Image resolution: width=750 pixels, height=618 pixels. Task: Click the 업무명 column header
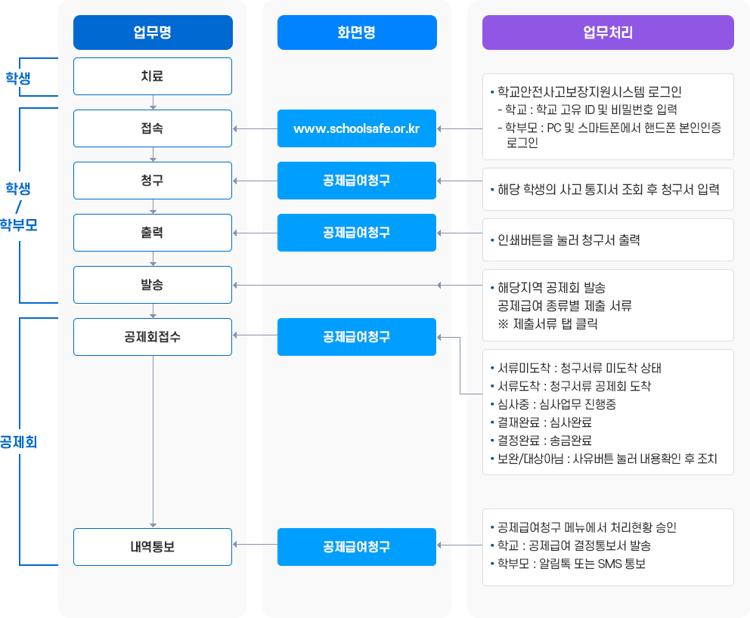pos(153,32)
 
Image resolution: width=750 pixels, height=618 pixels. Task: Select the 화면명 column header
pos(356,32)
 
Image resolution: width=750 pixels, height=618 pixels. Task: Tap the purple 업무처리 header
pos(608,32)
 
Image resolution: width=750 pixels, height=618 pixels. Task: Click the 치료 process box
pos(153,76)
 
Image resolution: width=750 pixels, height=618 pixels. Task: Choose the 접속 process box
pos(153,128)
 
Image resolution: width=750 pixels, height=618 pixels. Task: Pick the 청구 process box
pos(153,181)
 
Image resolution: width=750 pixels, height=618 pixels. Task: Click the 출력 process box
pos(153,233)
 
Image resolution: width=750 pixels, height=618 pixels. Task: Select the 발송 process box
pos(153,285)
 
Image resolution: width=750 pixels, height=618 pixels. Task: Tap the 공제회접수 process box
pos(153,336)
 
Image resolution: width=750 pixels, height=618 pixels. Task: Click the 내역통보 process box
pos(153,546)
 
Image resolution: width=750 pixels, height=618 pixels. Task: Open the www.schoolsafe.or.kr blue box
pos(356,128)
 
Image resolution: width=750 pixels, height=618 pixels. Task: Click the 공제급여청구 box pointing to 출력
pos(356,233)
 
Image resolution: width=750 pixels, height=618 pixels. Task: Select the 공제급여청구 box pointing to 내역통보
pos(356,546)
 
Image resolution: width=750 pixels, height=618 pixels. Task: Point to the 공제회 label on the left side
pos(18,442)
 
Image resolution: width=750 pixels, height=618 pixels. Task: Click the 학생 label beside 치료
pos(18,77)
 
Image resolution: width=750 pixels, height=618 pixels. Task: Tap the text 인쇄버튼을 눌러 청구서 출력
pos(569,240)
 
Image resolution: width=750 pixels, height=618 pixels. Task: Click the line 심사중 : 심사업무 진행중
pos(556,404)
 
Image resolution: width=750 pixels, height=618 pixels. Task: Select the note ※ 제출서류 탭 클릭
pos(544,324)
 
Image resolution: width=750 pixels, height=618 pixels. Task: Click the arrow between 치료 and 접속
pos(153,102)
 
